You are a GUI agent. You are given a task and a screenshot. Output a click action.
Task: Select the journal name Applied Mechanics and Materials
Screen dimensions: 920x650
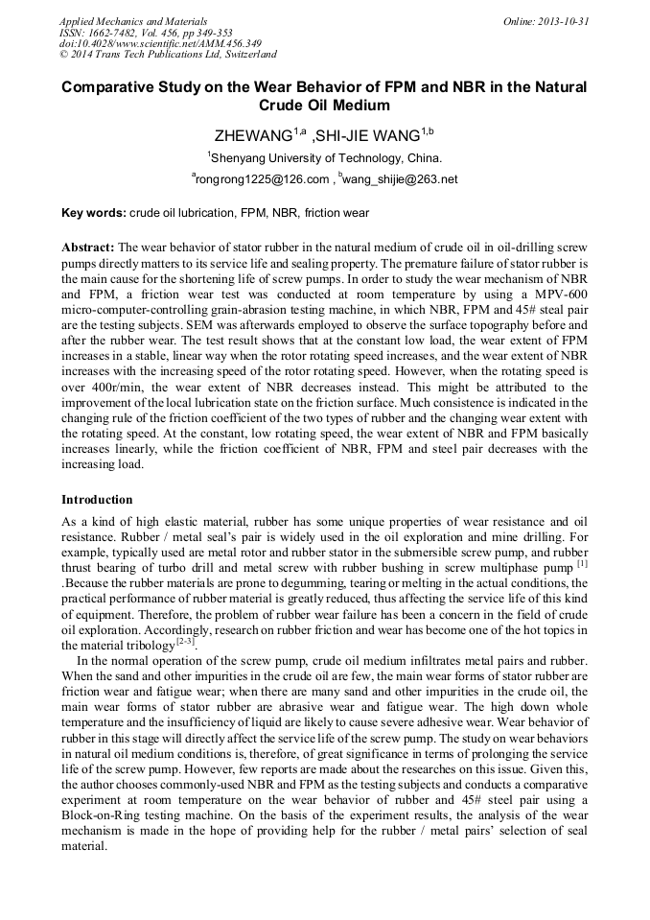(133, 21)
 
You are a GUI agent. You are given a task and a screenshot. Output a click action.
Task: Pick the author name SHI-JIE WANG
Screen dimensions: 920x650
(368, 134)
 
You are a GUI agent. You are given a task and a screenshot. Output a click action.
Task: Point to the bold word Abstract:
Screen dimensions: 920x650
(88, 248)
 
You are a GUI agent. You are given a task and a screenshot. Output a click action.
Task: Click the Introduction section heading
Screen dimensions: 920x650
(97, 500)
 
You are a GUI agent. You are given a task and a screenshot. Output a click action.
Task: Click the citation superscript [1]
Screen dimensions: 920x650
(582, 564)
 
